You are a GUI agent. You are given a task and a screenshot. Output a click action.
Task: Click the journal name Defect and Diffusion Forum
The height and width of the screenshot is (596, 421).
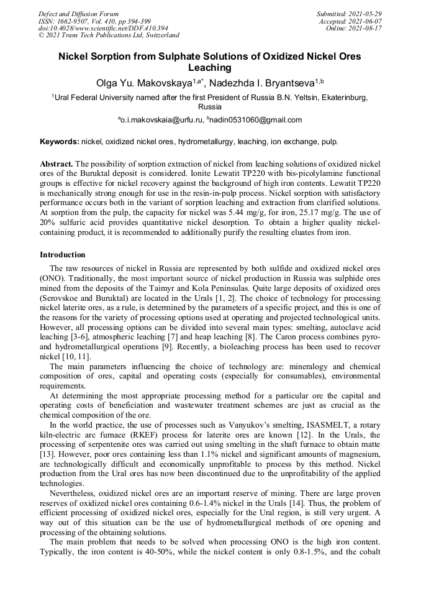coord(78,14)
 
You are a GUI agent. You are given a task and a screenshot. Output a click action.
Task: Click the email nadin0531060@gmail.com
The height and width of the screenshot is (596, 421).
coord(256,120)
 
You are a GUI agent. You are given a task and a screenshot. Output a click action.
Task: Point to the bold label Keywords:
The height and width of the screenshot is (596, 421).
coord(59,142)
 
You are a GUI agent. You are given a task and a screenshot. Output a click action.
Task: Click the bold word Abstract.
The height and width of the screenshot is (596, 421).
coord(57,163)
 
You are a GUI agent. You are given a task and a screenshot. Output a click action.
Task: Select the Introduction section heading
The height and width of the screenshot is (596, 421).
coord(63,255)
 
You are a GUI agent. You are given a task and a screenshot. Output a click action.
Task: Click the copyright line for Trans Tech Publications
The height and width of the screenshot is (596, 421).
coord(109,35)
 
